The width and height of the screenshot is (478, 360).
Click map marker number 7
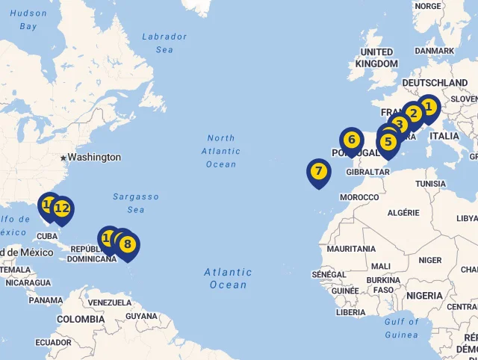(319, 172)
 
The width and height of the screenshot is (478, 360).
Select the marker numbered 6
(352, 140)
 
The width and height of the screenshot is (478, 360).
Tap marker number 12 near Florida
(62, 208)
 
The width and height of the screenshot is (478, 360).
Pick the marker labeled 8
(128, 244)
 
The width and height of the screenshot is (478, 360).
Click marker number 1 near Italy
(428, 108)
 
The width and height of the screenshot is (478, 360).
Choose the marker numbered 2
(413, 114)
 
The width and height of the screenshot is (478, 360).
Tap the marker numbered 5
(388, 142)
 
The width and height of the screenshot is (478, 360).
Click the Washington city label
(94, 158)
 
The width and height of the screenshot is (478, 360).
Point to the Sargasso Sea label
(136, 203)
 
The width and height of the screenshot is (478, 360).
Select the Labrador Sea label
(164, 43)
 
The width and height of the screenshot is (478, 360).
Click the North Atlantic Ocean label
(221, 151)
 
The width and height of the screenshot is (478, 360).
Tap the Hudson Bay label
(28, 19)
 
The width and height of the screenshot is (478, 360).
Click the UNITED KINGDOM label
(376, 58)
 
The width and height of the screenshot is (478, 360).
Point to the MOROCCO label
(359, 197)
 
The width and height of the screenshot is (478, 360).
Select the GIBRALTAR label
(368, 172)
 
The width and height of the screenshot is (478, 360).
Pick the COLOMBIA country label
(81, 319)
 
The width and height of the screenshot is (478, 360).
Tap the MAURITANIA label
(351, 249)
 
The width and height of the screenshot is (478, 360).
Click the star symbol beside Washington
(63, 158)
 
